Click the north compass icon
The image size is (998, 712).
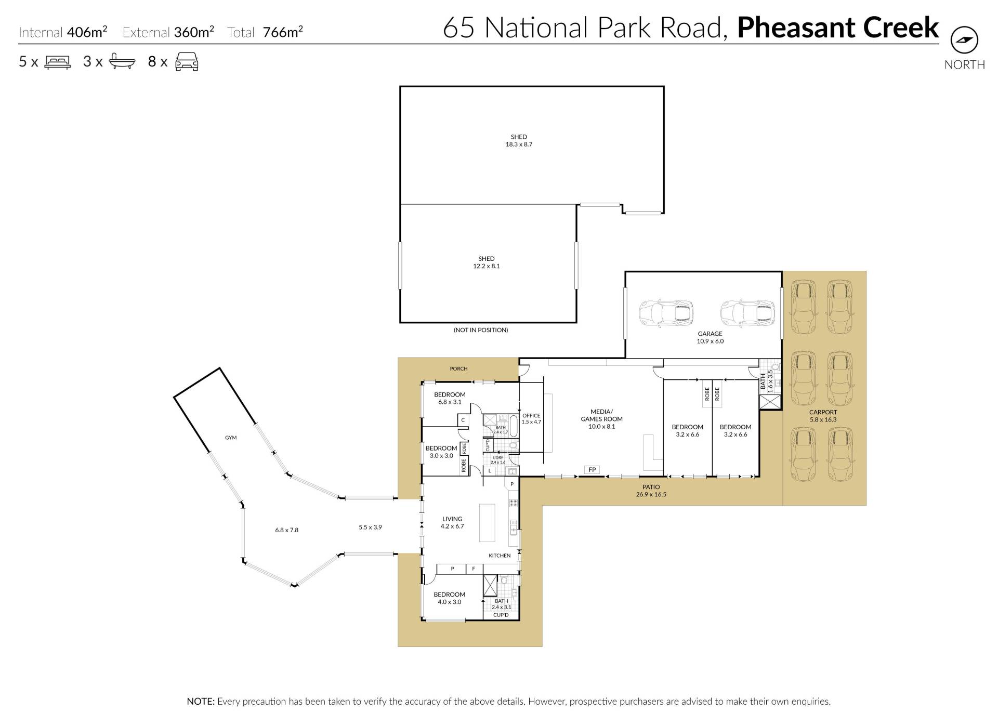click(x=964, y=39)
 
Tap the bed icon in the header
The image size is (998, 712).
click(x=58, y=62)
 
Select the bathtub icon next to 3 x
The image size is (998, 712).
click(x=122, y=62)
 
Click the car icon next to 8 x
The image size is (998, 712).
click(x=187, y=62)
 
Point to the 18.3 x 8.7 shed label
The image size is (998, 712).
click(x=519, y=141)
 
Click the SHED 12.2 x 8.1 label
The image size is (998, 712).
click(x=487, y=262)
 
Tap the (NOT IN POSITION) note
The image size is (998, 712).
click(x=481, y=330)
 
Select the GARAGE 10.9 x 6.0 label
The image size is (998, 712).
click(x=710, y=338)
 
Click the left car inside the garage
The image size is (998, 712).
click(x=666, y=312)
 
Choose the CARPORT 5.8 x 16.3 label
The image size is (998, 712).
click(x=823, y=416)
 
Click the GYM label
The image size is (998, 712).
click(x=231, y=438)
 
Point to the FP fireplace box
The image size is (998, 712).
click(x=592, y=470)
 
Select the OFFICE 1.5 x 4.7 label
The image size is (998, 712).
click(x=531, y=419)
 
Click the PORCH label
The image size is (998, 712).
click(x=458, y=369)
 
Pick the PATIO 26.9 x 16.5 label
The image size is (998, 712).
click(x=651, y=491)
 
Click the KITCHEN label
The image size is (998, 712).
click(x=500, y=556)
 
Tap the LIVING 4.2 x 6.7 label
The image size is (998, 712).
click(x=452, y=522)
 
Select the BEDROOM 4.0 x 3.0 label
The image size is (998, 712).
click(x=450, y=598)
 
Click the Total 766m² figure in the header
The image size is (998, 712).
click(x=265, y=32)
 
